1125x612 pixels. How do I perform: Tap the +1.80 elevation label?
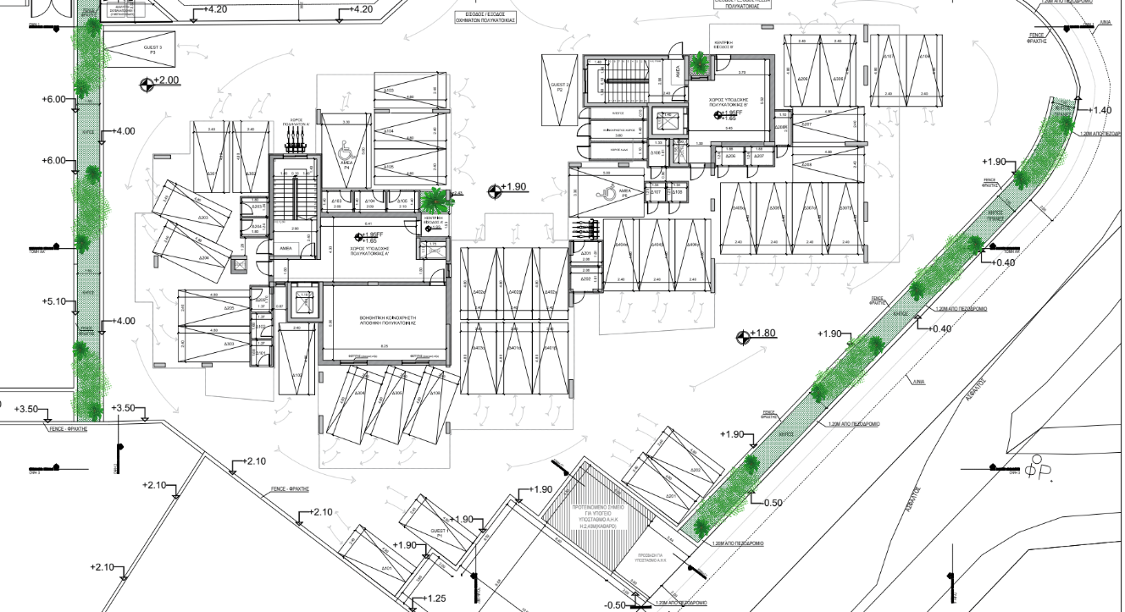click(765, 334)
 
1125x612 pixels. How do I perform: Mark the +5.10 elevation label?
click(53, 300)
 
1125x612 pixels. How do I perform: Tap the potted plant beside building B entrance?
click(700, 62)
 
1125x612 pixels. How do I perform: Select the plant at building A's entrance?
click(435, 198)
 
